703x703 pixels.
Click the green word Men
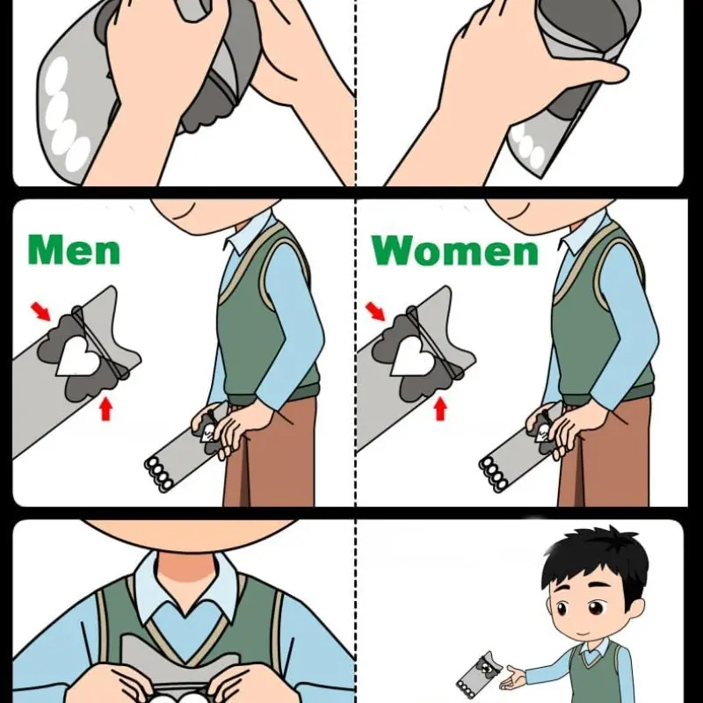74,250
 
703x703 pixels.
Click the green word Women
454,250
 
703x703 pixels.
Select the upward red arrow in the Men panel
105,409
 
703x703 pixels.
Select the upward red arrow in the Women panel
441,409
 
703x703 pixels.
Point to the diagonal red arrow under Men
40,312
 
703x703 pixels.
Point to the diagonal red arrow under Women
376,312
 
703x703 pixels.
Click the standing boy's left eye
596,608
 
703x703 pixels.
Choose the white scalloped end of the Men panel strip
159,475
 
